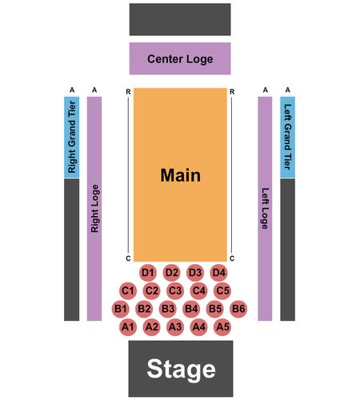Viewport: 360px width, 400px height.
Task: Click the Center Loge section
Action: click(180, 58)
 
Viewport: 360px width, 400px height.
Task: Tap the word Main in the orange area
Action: click(181, 175)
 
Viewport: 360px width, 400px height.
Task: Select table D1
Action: click(148, 273)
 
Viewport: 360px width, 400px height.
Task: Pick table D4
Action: click(218, 273)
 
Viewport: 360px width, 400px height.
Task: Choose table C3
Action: click(175, 290)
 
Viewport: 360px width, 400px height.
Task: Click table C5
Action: click(222, 290)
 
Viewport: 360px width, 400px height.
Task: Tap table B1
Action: click(121, 309)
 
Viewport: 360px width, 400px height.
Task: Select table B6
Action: click(238, 309)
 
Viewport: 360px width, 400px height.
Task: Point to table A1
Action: click(128, 327)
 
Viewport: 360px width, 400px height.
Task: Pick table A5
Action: click(222, 327)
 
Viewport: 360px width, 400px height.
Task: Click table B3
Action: click(168, 309)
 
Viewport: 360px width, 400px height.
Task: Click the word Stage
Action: click(181, 370)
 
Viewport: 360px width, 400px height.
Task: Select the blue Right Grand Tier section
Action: click(72, 138)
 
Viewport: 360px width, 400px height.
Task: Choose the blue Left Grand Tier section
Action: click(287, 138)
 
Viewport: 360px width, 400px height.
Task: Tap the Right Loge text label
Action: click(94, 209)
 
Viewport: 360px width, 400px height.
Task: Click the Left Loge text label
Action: click(265, 209)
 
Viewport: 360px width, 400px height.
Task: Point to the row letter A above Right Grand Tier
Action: click(72, 90)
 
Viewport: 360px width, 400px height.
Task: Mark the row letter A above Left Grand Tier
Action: click(287, 90)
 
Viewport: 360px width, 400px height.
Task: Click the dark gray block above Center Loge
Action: click(180, 19)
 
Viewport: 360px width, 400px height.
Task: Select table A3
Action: click(175, 327)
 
